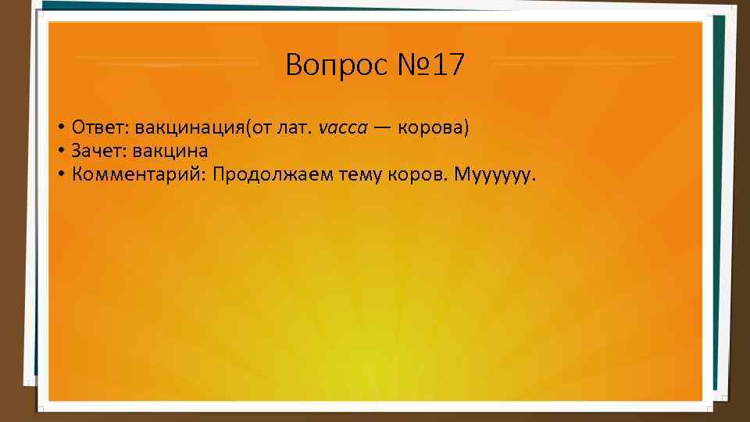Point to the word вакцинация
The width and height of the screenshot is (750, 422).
coord(190,127)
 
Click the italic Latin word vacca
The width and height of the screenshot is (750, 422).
coord(343,128)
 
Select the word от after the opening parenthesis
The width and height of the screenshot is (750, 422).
coord(261,128)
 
